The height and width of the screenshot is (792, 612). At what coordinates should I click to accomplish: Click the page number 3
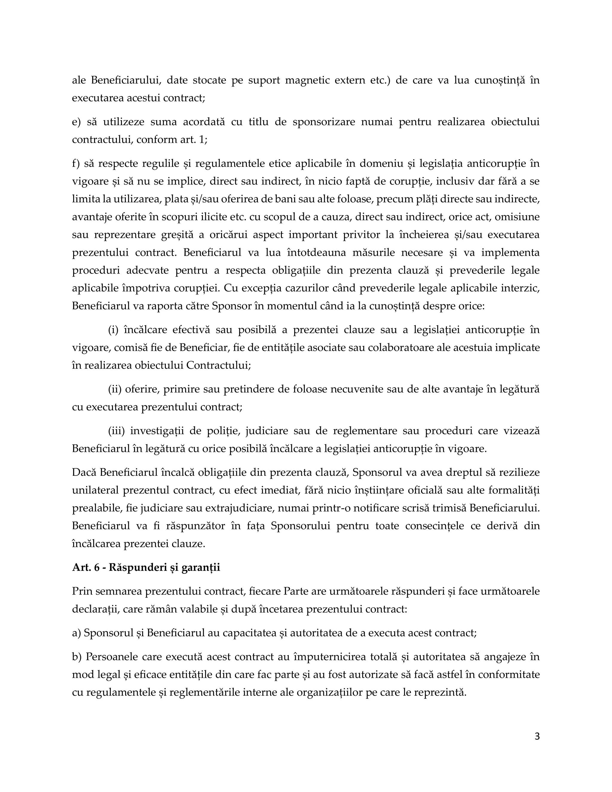(x=537, y=736)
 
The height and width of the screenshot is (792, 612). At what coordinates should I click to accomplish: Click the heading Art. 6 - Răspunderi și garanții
(x=146, y=567)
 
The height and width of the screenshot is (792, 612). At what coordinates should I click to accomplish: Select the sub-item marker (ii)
(x=115, y=389)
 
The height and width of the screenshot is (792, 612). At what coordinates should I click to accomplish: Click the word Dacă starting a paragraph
(x=84, y=473)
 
